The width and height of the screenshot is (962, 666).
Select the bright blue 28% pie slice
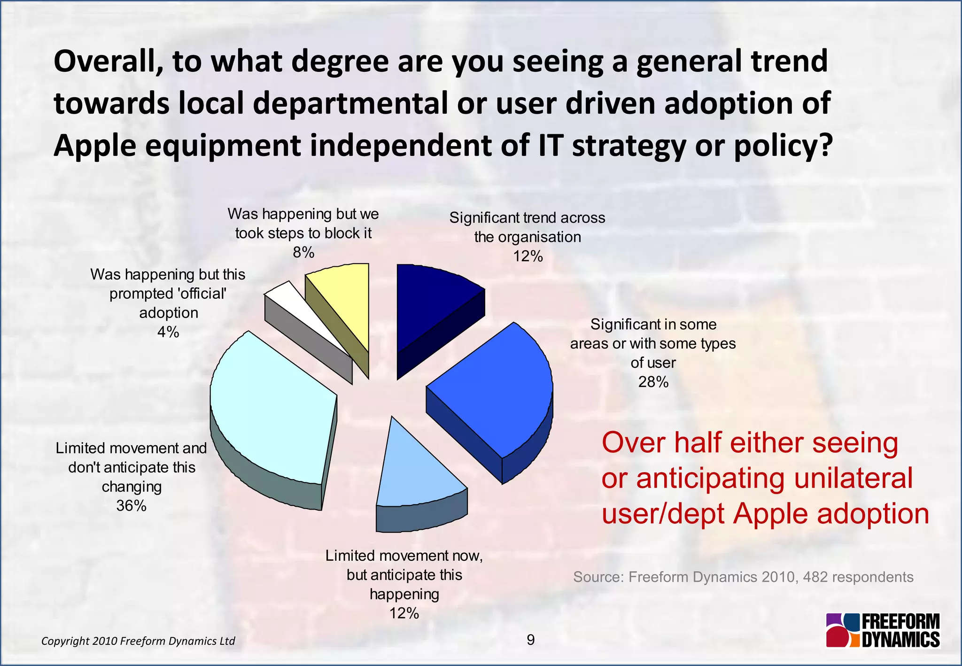coord(498,385)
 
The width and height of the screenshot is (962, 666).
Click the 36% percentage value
coord(132,506)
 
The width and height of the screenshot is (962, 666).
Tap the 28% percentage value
coord(653,382)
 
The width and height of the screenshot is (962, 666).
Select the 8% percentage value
coord(303,253)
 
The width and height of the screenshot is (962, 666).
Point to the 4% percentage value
coord(168,333)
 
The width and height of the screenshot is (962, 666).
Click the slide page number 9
coord(531,640)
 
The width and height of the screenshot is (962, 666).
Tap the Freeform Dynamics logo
coord(883,630)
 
